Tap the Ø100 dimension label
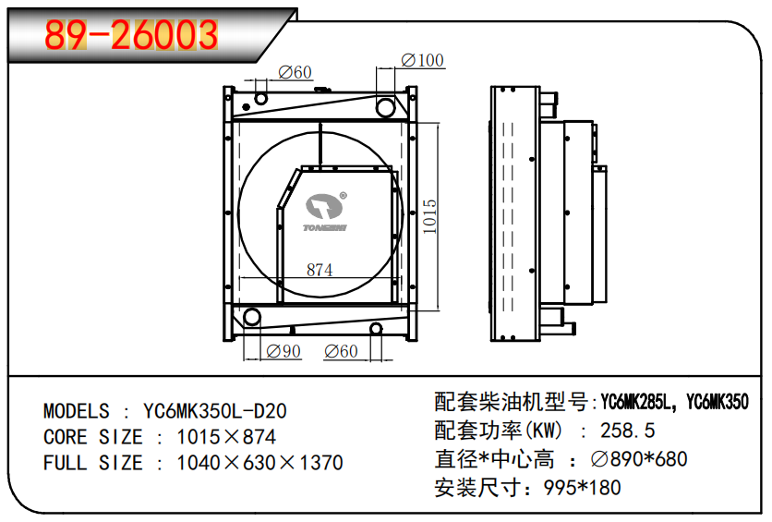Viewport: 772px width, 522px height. (x=422, y=61)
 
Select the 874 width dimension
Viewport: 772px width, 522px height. (x=319, y=270)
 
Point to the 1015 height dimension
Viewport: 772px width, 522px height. (x=429, y=217)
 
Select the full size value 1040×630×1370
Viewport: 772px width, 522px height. (x=259, y=463)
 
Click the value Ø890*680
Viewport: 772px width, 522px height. (x=638, y=458)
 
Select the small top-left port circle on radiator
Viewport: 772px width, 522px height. (x=261, y=99)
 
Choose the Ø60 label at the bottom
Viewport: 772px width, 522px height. (x=341, y=351)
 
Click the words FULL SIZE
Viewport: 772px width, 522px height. (x=93, y=463)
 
